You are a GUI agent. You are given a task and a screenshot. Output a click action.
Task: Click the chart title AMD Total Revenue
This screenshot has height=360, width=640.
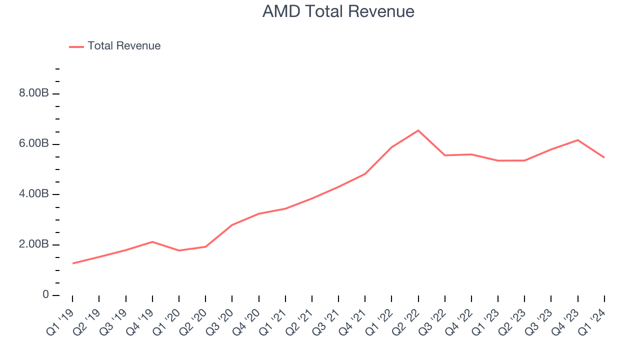click(338, 11)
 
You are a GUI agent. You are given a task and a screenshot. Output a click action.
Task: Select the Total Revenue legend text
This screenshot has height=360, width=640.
click(124, 46)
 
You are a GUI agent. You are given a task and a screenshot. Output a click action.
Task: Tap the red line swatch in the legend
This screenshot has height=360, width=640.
click(76, 46)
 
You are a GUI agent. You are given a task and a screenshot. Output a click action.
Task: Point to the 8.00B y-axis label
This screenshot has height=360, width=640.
click(34, 94)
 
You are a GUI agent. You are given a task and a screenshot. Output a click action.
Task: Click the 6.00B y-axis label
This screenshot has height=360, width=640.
click(34, 144)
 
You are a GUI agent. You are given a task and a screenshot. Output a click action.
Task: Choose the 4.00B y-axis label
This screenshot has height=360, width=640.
click(34, 194)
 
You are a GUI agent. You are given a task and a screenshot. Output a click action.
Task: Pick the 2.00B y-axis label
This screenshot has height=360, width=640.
click(34, 245)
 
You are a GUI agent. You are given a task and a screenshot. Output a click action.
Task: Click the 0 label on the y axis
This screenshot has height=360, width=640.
click(45, 295)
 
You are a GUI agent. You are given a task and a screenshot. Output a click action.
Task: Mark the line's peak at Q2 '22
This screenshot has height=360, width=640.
click(418, 130)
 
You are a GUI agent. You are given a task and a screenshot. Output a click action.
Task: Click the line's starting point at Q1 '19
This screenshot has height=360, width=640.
click(72, 263)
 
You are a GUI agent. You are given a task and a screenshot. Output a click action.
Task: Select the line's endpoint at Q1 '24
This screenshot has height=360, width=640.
click(604, 157)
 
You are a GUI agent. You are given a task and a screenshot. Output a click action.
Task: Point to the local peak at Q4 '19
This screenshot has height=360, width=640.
click(152, 242)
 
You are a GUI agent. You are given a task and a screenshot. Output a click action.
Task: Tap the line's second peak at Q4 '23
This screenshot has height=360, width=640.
click(578, 140)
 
